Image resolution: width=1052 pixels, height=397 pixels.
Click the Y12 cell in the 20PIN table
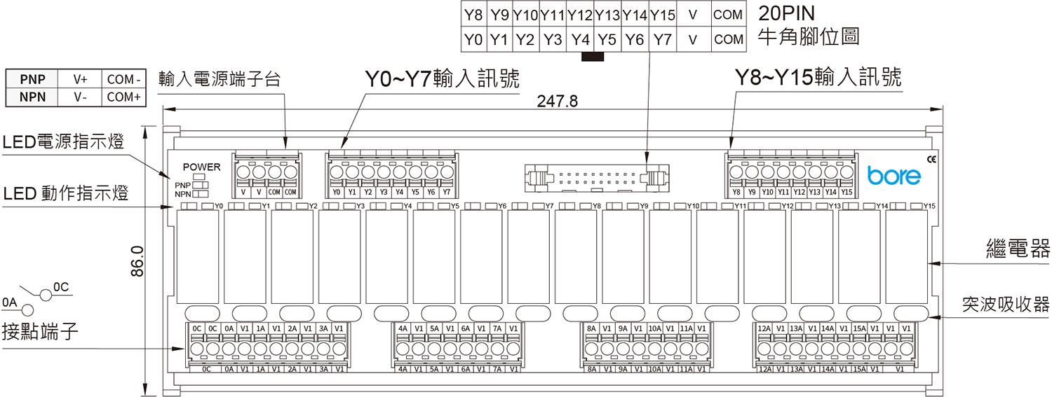pyautogui.click(x=580, y=15)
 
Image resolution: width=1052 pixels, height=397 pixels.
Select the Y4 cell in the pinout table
pyautogui.click(x=580, y=40)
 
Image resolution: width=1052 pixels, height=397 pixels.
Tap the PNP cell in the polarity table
pyautogui.click(x=32, y=79)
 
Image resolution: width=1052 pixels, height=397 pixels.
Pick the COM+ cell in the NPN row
pyautogui.click(x=124, y=97)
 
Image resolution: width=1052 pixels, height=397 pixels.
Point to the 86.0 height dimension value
pyautogui.click(x=137, y=260)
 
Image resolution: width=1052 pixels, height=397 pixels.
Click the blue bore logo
pyautogui.click(x=893, y=175)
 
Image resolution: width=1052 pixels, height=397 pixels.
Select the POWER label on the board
pyautogui.click(x=201, y=167)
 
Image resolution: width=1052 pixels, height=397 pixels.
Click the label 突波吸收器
pyautogui.click(x=1006, y=304)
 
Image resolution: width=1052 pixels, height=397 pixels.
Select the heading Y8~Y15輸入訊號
pyautogui.click(x=818, y=77)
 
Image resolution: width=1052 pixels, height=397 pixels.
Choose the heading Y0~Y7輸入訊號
pyautogui.click(x=445, y=77)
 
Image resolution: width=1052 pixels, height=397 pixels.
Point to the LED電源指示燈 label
pyautogui.click(x=62, y=143)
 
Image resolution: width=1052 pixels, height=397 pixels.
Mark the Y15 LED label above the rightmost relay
pyautogui.click(x=930, y=206)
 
